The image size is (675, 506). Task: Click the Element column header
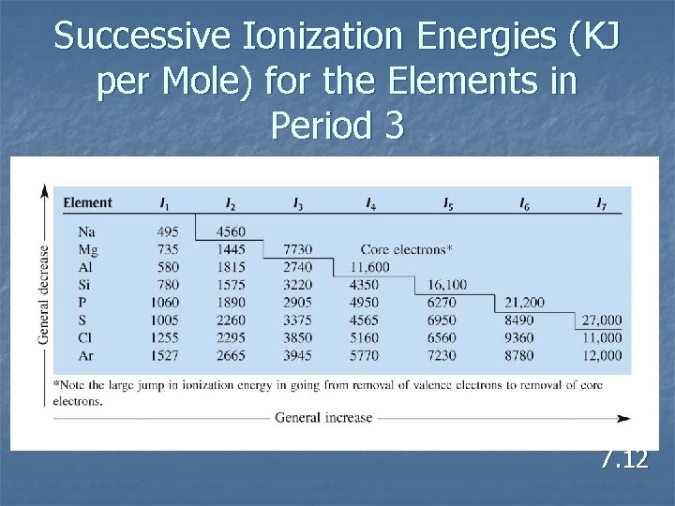(87, 202)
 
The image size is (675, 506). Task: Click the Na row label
(86, 231)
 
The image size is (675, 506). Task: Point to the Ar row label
(86, 355)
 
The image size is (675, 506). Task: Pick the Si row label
(86, 285)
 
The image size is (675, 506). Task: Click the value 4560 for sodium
(232, 231)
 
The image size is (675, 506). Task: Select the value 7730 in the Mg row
(297, 249)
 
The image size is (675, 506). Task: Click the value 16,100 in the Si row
(447, 285)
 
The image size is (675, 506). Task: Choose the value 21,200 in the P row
(523, 303)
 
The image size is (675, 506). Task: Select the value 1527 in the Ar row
(166, 355)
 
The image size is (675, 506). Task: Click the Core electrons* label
(406, 249)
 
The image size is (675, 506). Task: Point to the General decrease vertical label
(42, 294)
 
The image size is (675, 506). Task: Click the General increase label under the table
(323, 418)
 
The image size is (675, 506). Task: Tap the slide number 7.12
(624, 459)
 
